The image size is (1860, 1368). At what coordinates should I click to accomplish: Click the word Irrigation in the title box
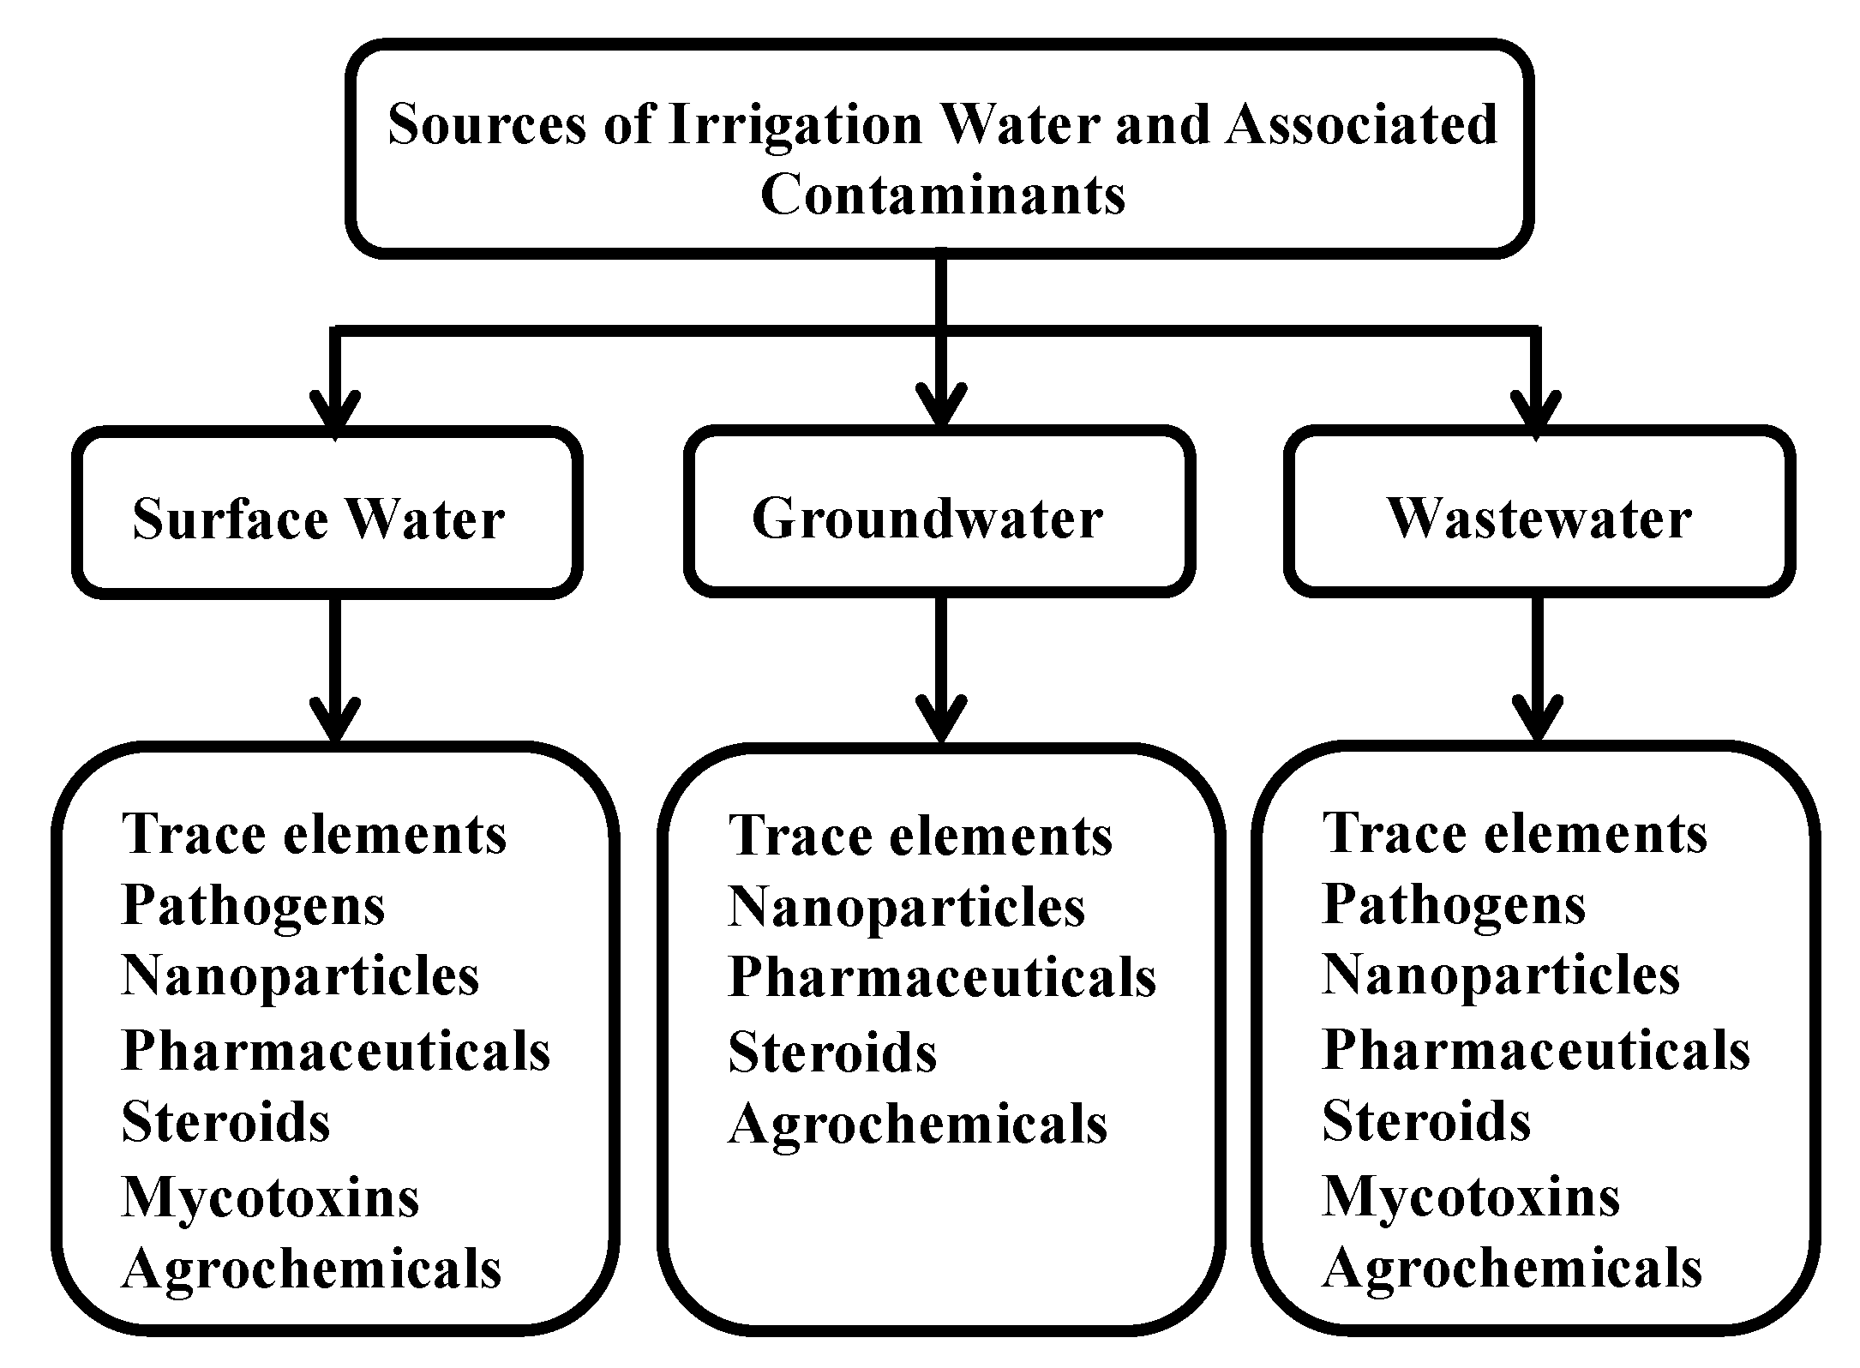point(795,125)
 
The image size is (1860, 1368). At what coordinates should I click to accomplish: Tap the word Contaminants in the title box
point(942,195)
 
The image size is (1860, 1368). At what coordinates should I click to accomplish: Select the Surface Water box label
point(318,519)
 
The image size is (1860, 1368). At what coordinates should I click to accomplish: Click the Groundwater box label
point(927,519)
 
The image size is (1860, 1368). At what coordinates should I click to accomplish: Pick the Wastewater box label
point(1539,519)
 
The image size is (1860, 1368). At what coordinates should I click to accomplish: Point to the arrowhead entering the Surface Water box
point(335,412)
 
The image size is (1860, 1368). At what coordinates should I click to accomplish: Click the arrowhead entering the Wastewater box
point(1535,412)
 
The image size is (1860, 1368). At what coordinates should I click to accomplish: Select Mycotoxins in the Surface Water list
point(270,1197)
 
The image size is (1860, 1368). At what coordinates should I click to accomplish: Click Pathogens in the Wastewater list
point(1454,905)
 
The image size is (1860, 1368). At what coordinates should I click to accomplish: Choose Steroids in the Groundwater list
point(832,1053)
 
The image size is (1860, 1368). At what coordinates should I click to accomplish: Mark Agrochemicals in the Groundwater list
point(917,1125)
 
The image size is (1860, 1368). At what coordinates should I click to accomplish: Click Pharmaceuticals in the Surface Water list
point(335,1051)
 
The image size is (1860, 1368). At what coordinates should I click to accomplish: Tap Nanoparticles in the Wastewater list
point(1500,977)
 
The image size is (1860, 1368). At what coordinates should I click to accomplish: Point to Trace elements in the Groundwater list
point(920,836)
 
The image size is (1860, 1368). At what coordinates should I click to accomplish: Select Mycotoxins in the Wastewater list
point(1471,1197)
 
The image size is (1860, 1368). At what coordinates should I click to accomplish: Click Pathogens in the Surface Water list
point(253,905)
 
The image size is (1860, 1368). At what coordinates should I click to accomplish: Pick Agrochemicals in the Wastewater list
point(1512,1269)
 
